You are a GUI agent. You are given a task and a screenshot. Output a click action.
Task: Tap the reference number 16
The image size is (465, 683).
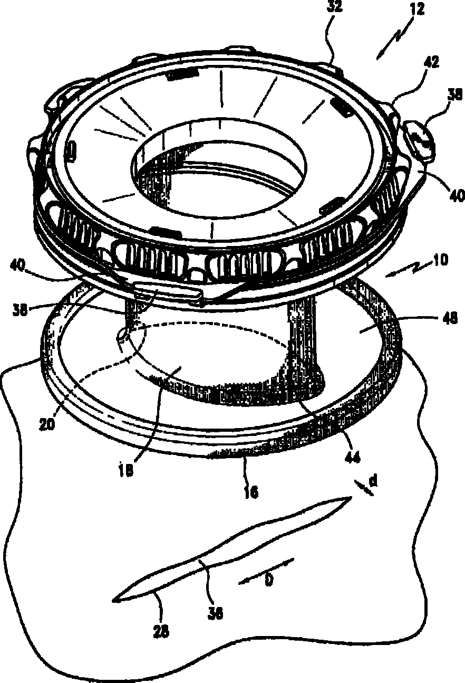tap(250, 492)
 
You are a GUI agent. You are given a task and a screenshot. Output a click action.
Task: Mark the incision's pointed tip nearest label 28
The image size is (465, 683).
tap(114, 600)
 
